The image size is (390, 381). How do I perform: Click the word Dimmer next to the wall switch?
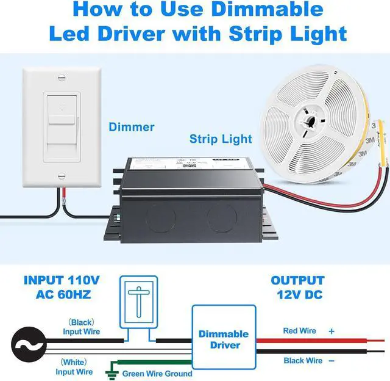pos(131,127)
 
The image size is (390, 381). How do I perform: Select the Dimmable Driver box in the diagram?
pos(224,339)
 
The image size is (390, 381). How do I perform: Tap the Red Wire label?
pos(300,330)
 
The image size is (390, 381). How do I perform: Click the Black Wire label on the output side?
pos(302,361)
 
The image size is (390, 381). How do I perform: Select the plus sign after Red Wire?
pos(331,330)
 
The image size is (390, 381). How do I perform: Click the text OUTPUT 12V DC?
pos(297,288)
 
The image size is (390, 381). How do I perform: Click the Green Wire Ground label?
pos(157,373)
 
